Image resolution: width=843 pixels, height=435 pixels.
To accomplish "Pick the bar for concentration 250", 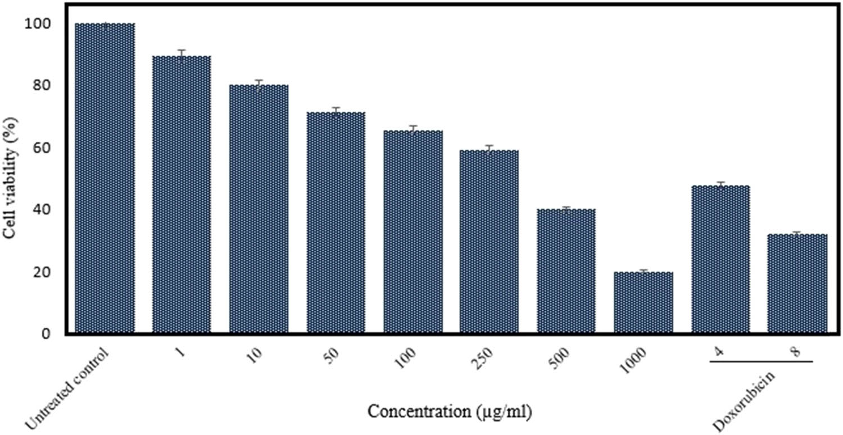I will [489, 242].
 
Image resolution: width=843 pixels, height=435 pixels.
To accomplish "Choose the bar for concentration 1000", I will [643, 303].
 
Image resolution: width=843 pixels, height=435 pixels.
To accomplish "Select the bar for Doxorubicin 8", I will [797, 284].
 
